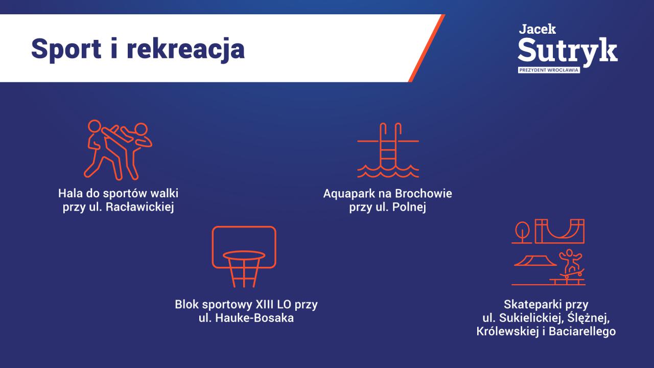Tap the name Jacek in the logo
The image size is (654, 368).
[537, 29]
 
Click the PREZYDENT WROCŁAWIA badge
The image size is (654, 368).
[549, 70]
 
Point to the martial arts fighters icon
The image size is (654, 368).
[118, 150]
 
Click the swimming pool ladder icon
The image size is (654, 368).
[388, 150]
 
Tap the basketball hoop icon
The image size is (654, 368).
[244, 257]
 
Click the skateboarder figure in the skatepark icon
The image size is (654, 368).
[571, 264]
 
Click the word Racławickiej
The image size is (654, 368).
[140, 207]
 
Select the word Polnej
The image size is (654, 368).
[409, 208]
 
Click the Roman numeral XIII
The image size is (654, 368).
[265, 305]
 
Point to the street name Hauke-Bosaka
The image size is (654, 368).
[254, 318]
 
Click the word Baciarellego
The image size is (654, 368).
[582, 332]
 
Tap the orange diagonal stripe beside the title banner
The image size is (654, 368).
[427, 48]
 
